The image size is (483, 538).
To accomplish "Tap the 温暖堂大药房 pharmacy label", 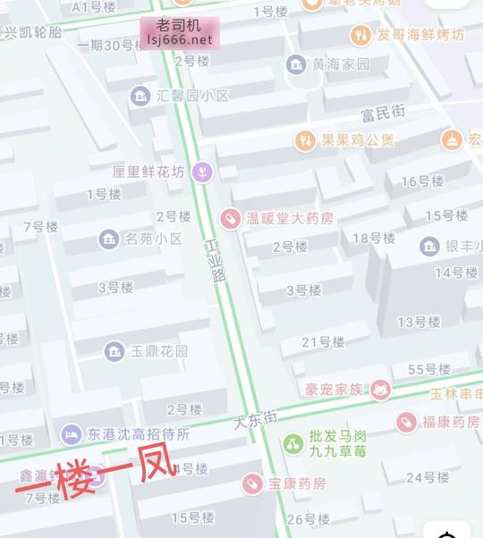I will [290, 218].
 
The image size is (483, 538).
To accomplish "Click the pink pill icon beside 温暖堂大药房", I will [230, 218].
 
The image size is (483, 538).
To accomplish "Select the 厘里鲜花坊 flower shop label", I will [148, 172].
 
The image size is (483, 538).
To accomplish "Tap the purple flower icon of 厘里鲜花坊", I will [203, 171].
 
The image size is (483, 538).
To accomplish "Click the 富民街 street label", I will [383, 112].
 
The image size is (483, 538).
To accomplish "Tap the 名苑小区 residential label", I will [153, 239].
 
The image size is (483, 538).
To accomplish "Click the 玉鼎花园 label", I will [159, 351].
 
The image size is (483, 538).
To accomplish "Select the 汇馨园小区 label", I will [192, 95].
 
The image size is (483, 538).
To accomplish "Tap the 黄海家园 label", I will [340, 64].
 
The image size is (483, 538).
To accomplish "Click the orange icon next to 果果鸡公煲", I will [305, 140].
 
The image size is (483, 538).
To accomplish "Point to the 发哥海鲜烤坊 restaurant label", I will [420, 36].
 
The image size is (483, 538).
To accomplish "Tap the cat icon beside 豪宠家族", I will [382, 390].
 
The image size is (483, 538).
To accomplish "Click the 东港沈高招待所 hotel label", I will [139, 435].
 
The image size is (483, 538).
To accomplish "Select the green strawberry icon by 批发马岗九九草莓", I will [292, 443].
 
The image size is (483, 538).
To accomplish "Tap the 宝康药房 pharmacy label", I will [297, 483].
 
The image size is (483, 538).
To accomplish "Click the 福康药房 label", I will [451, 421].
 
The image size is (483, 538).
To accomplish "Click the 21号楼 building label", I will [323, 341].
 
